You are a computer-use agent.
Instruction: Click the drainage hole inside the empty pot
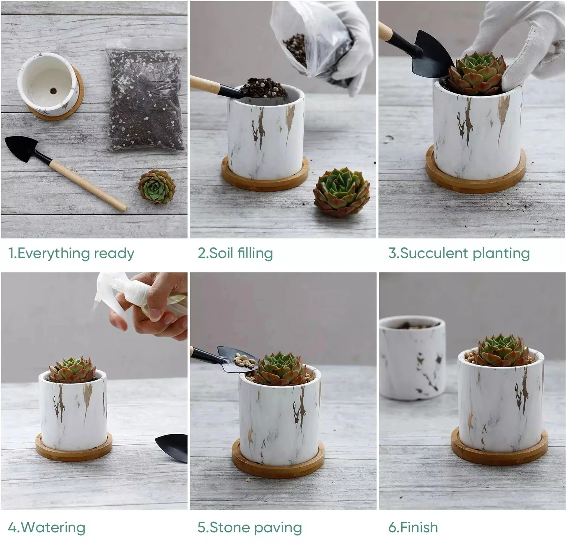(53, 91)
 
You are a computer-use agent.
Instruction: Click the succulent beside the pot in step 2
(341, 192)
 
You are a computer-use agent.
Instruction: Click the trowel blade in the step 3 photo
(430, 57)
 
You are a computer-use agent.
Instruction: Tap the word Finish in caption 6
(419, 527)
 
